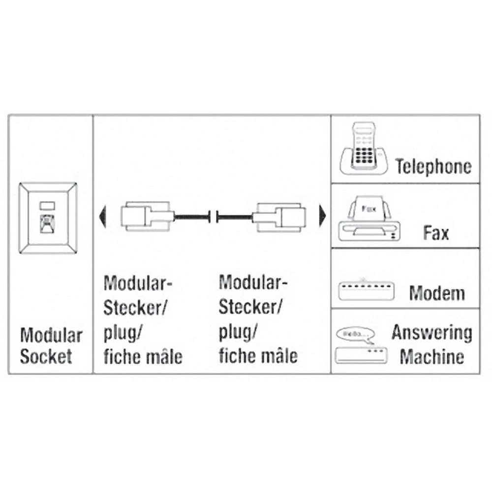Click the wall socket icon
pyautogui.click(x=48, y=218)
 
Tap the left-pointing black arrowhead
pyautogui.click(x=102, y=216)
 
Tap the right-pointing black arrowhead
pyautogui.click(x=323, y=215)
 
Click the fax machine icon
pyautogui.click(x=369, y=218)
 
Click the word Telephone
pyautogui.click(x=433, y=167)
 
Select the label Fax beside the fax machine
pyautogui.click(x=435, y=232)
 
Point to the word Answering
pyautogui.click(x=431, y=333)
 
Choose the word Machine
pyautogui.click(x=431, y=356)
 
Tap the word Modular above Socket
pyautogui.click(x=51, y=336)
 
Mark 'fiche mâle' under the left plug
pyautogui.click(x=143, y=356)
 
